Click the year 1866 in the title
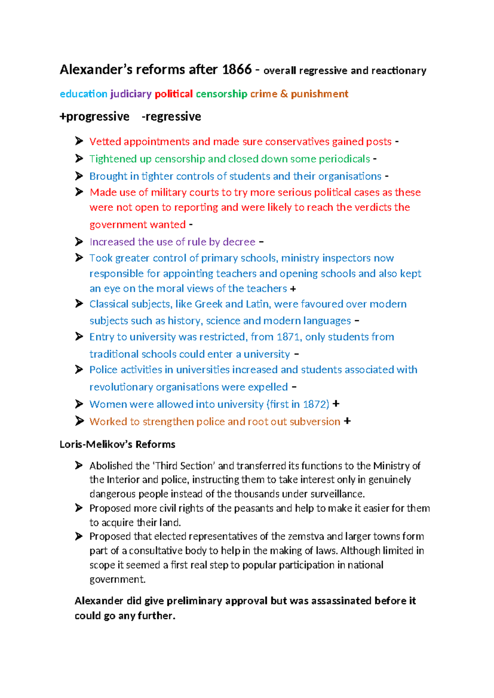pyautogui.click(x=236, y=70)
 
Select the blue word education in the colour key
pyautogui.click(x=83, y=94)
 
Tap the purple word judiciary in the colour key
pyautogui.click(x=131, y=94)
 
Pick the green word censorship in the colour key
pyautogui.click(x=221, y=94)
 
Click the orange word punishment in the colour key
pyautogui.click(x=319, y=94)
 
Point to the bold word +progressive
pyautogui.click(x=94, y=117)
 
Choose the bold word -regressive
pyautogui.click(x=171, y=117)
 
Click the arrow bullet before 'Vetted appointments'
pyautogui.click(x=79, y=141)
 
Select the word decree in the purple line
pyautogui.click(x=239, y=242)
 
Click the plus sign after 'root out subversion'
pyautogui.click(x=347, y=421)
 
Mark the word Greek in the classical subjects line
pyautogui.click(x=208, y=304)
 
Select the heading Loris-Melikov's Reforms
pyautogui.click(x=117, y=444)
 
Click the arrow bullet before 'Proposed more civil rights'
pyautogui.click(x=79, y=508)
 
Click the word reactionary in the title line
pyautogui.click(x=398, y=71)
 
